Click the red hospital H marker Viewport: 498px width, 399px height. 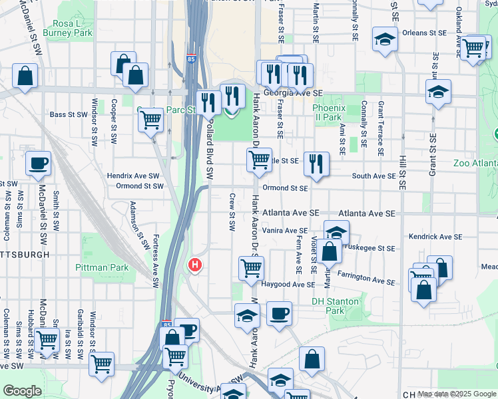(x=195, y=265)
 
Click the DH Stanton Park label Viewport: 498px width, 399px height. (x=336, y=306)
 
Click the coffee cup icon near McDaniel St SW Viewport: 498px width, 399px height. (x=38, y=163)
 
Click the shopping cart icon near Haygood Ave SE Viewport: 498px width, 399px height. (x=252, y=268)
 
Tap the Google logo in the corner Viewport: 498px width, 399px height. (x=22, y=391)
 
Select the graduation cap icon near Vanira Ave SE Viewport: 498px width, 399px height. (x=337, y=232)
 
